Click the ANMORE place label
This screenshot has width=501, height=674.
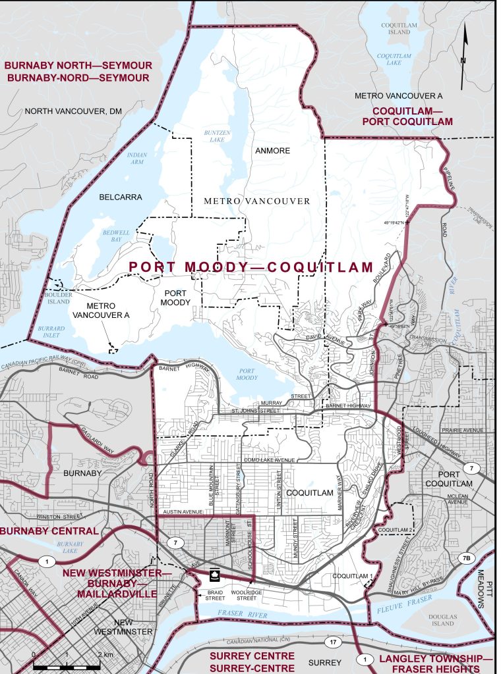coord(273,151)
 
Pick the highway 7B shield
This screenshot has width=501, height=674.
coord(465,558)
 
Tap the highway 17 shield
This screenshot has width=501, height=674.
coord(332,640)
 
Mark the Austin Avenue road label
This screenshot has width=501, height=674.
coord(182,511)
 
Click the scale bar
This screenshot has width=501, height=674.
coord(67,666)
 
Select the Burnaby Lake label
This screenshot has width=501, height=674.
coord(69,548)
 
